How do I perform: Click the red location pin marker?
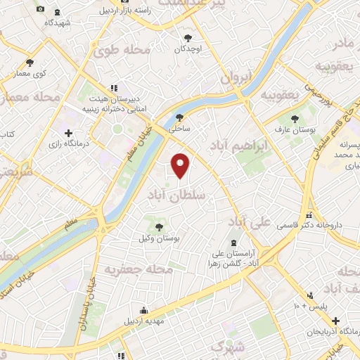click(181, 166)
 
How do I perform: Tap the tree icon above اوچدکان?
click(188, 37)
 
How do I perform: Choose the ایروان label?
click(235, 79)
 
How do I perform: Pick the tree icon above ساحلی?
click(181, 118)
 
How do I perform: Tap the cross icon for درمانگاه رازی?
click(68, 132)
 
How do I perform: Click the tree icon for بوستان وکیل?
click(160, 226)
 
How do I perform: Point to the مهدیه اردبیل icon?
click(144, 310)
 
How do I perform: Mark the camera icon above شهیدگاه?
click(40, 8)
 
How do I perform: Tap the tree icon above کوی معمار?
click(30, 62)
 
